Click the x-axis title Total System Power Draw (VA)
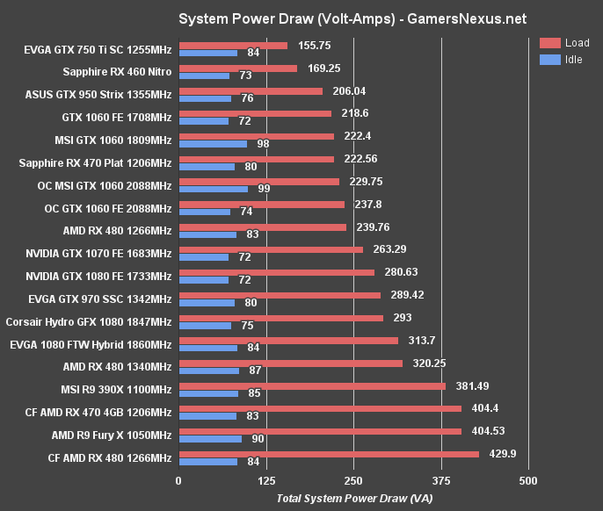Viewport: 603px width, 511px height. [x=355, y=498]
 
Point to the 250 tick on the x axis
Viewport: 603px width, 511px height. [x=353, y=480]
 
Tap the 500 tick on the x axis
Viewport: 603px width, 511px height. [x=528, y=480]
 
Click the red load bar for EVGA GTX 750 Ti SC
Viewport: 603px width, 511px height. [x=233, y=46]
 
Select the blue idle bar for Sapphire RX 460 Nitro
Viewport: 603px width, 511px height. [x=204, y=76]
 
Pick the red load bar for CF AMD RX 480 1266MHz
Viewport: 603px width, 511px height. [x=329, y=454]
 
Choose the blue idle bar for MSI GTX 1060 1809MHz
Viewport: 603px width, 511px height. [x=213, y=143]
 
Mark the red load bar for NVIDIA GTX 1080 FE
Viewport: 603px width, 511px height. [x=276, y=272]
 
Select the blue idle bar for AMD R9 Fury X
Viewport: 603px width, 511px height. [x=210, y=439]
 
